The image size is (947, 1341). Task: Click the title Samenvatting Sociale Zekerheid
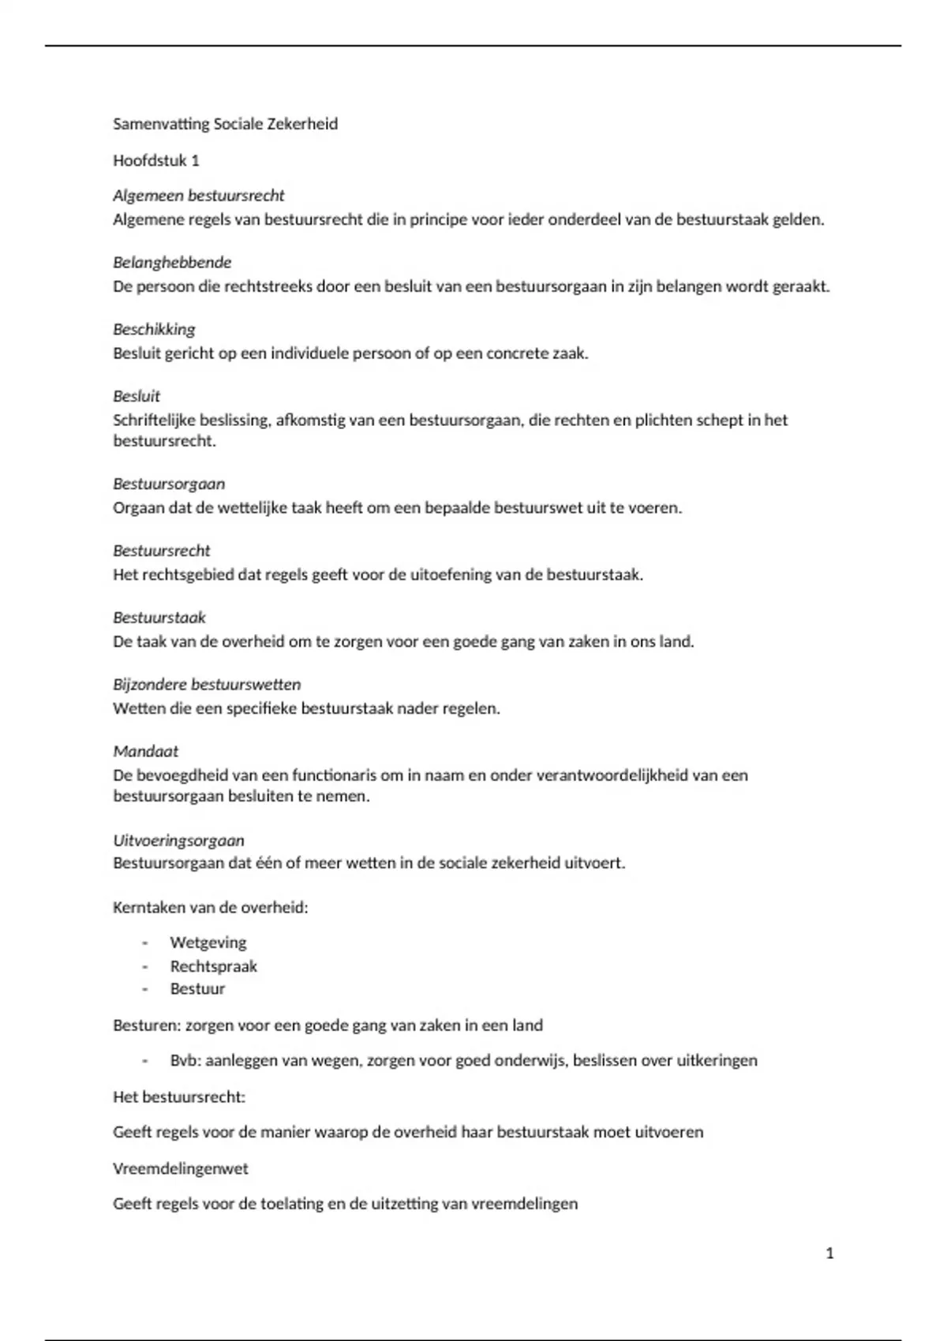(225, 124)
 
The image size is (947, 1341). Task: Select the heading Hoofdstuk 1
(156, 161)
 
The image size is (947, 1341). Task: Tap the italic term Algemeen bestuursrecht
(198, 196)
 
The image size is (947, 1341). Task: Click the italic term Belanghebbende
(172, 262)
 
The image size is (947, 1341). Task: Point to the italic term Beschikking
(154, 329)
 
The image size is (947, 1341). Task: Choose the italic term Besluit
(137, 396)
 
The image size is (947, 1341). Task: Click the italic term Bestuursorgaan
(169, 484)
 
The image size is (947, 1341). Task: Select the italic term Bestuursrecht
(162, 551)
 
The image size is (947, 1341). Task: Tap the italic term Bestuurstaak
(159, 618)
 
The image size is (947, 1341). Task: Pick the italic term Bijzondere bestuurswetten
(207, 685)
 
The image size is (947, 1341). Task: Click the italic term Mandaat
(146, 751)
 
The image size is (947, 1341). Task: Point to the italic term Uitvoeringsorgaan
(178, 840)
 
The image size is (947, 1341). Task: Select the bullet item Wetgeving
(208, 943)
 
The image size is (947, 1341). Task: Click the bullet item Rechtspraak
(214, 966)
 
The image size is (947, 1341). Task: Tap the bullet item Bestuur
(197, 989)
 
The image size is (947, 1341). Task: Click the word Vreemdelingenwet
(181, 1168)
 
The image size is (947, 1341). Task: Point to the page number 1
(829, 1253)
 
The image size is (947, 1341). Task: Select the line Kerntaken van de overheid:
(211, 907)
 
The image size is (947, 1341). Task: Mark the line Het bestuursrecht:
(179, 1097)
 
